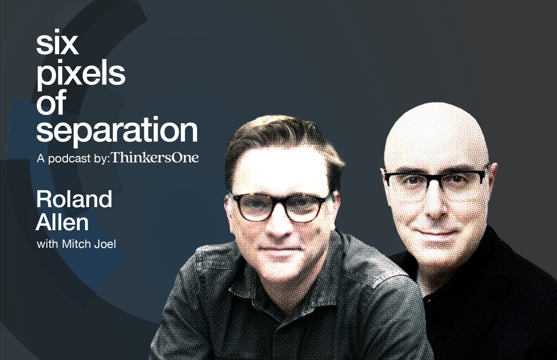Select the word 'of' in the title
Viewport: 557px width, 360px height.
coord(51,102)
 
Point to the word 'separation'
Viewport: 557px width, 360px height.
coord(117,132)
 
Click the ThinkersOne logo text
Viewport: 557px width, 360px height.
coord(155,157)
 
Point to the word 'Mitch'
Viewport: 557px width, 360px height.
coord(76,244)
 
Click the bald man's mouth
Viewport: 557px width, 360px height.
coord(436,233)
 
